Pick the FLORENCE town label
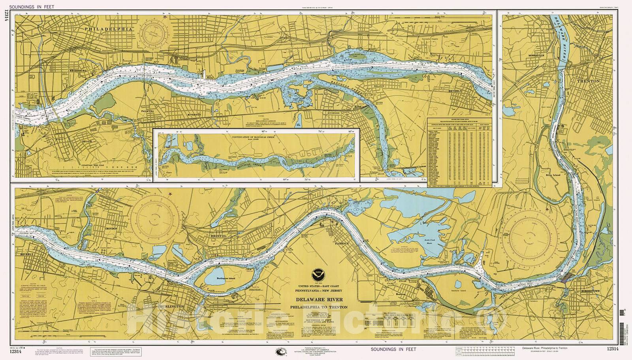[x=342, y=243]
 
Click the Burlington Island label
[x=226, y=278]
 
